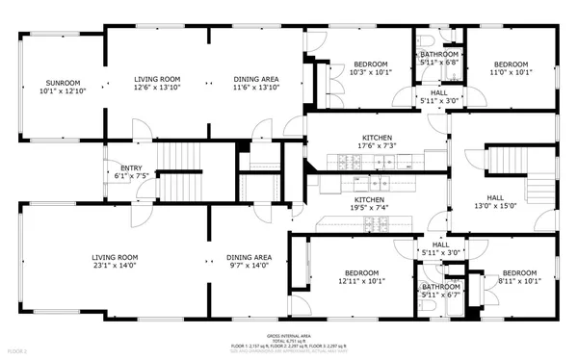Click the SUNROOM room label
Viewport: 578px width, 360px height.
coord(59,83)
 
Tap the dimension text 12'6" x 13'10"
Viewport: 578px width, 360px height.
coord(157,88)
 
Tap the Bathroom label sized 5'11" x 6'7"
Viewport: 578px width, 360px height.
coord(440,291)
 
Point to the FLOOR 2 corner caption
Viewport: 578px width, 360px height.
coord(16,352)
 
